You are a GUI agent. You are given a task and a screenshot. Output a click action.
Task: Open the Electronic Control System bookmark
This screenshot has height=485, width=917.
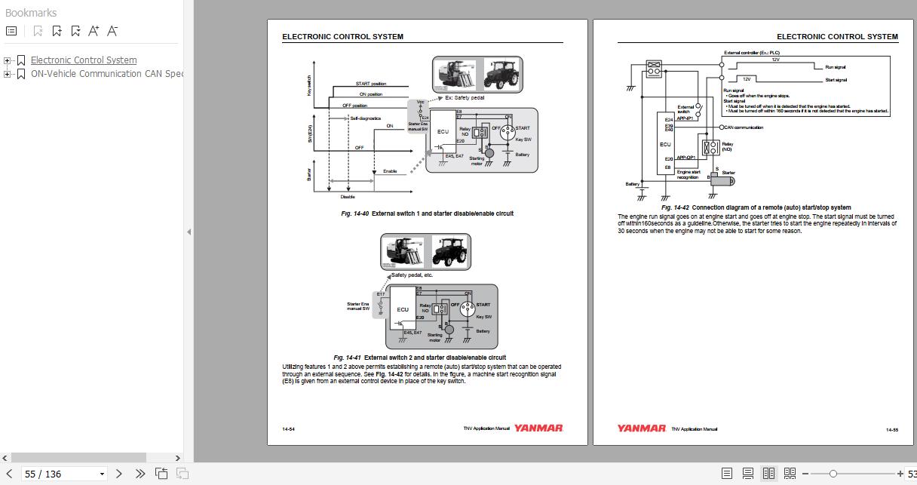(84, 60)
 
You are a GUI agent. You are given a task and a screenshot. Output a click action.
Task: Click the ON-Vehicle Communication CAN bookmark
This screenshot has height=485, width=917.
(106, 74)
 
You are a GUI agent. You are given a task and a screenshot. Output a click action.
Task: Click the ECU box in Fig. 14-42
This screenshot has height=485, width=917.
(665, 144)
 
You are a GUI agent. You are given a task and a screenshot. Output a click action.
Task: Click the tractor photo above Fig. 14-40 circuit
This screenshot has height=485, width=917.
(505, 75)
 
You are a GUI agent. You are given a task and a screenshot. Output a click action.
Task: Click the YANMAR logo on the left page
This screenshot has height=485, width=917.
(538, 428)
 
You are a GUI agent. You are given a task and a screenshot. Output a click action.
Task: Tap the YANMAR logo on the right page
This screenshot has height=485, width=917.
(641, 428)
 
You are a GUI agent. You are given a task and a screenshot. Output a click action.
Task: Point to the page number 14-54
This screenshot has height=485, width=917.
(289, 429)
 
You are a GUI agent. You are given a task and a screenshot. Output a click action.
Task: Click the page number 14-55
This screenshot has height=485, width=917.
(891, 429)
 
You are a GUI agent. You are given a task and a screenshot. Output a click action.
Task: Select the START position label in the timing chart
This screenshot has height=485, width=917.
(370, 84)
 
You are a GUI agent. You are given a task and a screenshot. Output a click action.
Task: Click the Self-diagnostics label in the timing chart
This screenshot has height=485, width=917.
(365, 118)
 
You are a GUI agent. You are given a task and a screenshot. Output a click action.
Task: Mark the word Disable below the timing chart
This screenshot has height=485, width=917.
(348, 197)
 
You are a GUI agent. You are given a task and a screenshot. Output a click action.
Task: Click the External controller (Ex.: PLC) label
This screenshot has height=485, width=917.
(751, 54)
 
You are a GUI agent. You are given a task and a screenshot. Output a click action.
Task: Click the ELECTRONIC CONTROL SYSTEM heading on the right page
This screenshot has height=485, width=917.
(837, 36)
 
